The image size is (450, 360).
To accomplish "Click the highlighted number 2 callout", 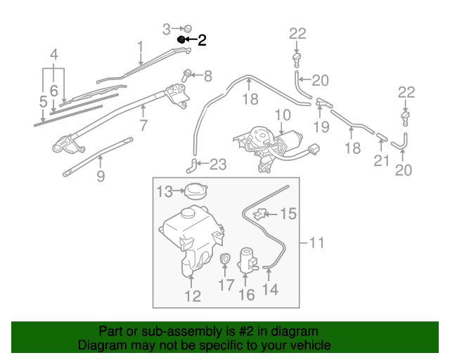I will click(202, 40).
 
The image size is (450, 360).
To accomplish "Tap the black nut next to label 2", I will click(181, 40).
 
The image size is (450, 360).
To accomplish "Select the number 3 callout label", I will click(166, 29).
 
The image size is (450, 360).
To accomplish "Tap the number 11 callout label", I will click(316, 243).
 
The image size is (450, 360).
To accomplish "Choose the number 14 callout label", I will click(270, 289).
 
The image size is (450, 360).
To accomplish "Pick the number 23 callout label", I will click(218, 165).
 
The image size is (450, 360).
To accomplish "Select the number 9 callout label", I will click(101, 176).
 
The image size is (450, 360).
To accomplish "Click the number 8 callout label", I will click(207, 76).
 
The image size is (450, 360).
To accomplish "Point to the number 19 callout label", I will click(321, 127).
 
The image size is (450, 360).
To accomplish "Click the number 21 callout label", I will click(380, 161).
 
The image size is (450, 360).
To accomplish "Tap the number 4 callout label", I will click(53, 54).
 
